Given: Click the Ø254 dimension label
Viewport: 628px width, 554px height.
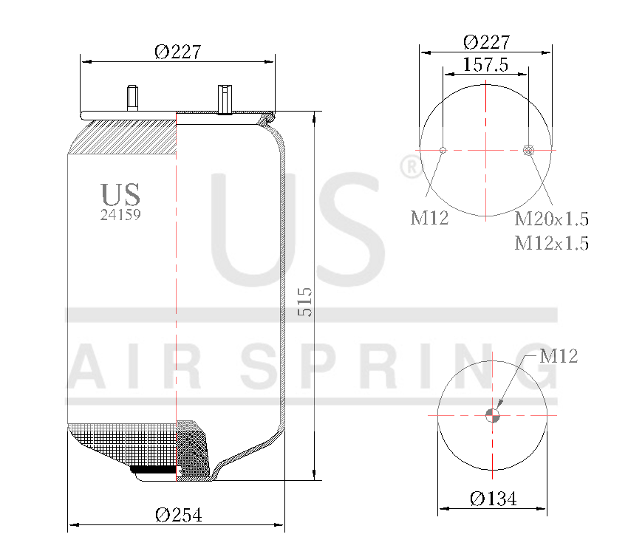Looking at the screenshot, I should tap(178, 515).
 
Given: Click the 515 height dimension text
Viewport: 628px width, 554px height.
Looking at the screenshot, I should tap(304, 302).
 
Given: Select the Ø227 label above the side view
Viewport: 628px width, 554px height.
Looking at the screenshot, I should tap(177, 51).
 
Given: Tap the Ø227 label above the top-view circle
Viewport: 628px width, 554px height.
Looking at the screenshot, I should tap(485, 42).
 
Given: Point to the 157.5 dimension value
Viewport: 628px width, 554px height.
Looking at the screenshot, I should tap(485, 64).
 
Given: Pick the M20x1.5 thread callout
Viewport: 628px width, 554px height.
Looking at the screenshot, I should tap(551, 219).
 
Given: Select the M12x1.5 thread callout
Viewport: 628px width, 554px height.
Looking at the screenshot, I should tap(551, 242).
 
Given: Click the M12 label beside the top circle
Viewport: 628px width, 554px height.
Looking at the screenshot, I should tap(429, 218).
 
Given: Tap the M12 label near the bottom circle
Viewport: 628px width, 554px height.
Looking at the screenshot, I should tap(558, 357).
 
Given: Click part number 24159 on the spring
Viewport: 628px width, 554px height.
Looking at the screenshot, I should tap(120, 216).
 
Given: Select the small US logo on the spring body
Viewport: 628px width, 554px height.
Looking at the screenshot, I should tap(120, 194).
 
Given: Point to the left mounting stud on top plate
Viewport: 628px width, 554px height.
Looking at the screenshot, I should tap(132, 98).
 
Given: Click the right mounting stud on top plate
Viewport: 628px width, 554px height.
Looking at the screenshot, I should tap(224, 99).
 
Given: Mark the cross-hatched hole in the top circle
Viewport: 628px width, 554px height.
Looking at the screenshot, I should tap(528, 151).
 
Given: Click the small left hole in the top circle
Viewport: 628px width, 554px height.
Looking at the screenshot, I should tap(443, 151).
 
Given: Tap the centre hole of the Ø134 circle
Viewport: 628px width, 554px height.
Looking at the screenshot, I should tap(493, 415).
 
